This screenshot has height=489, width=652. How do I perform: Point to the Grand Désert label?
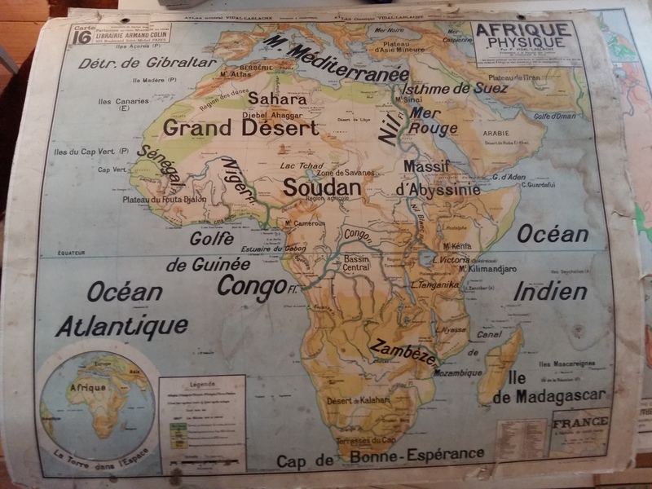point(240,128)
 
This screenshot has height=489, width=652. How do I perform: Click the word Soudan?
point(321,187)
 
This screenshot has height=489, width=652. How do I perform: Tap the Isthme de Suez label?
point(456,88)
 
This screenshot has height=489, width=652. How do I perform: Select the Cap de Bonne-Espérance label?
point(380,456)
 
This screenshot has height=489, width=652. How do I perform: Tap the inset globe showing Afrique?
point(96,404)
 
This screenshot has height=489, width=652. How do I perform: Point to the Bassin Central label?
point(356,263)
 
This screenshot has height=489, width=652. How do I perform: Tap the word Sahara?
point(277,99)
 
